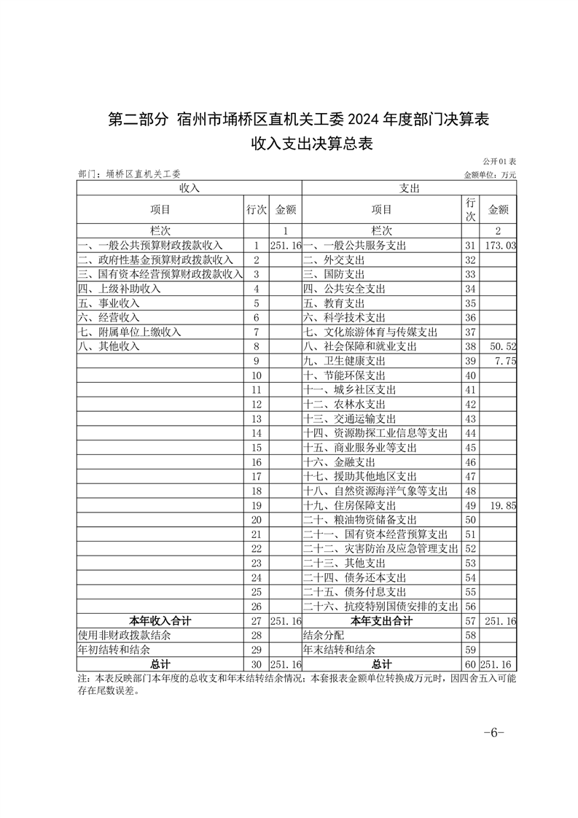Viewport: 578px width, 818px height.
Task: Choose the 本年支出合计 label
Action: pyautogui.click(x=381, y=621)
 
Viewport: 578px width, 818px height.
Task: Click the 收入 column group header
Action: pyautogui.click(x=190, y=187)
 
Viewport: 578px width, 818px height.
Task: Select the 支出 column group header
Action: pyautogui.click(x=409, y=187)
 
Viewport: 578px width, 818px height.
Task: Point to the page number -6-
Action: pyautogui.click(x=493, y=733)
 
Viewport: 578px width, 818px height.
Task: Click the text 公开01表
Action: pyautogui.click(x=499, y=160)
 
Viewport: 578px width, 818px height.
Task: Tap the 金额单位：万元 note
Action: pyautogui.click(x=490, y=175)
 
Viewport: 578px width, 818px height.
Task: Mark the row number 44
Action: pyautogui.click(x=470, y=433)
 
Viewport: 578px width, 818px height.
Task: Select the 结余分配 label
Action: pyautogui.click(x=324, y=636)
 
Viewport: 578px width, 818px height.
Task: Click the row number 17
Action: pyautogui.click(x=256, y=477)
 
